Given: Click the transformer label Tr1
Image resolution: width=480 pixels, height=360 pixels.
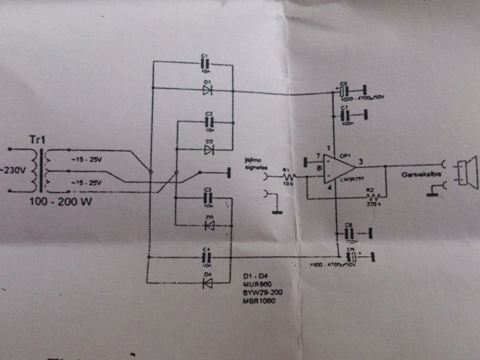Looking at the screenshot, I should pos(37,139).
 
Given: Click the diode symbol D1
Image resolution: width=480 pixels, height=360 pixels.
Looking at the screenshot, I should pos(207,89).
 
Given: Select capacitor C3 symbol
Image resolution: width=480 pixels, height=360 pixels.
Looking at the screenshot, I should pos(208,197).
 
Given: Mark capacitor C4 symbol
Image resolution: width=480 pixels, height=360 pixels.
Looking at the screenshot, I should pos(207,256).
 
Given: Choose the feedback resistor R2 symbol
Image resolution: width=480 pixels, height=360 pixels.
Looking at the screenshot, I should pos(373,197).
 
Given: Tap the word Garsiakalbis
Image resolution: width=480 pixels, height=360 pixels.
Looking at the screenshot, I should pos(419,177).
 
